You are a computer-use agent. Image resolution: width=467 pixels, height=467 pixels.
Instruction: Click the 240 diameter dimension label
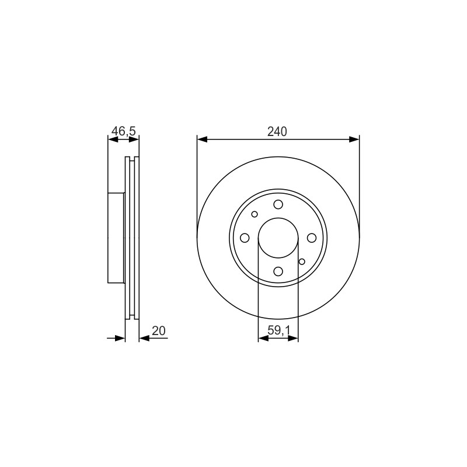point(277,131)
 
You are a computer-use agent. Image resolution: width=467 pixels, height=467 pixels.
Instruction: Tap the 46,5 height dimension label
point(123,131)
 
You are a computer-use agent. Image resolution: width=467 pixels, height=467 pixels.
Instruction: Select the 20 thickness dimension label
point(158,330)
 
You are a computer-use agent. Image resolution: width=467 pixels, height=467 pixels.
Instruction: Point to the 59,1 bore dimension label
point(278,330)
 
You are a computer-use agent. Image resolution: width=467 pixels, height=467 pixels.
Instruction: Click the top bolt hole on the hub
point(278,205)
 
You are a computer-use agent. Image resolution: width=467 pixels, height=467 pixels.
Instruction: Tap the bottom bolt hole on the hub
point(278,271)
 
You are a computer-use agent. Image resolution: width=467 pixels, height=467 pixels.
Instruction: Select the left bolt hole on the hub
point(245,238)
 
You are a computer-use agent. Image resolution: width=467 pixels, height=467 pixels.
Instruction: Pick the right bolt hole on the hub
point(312,238)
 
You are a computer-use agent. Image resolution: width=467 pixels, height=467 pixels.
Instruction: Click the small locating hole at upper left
point(255,214)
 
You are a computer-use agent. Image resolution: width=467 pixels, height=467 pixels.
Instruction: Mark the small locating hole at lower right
point(302,262)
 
